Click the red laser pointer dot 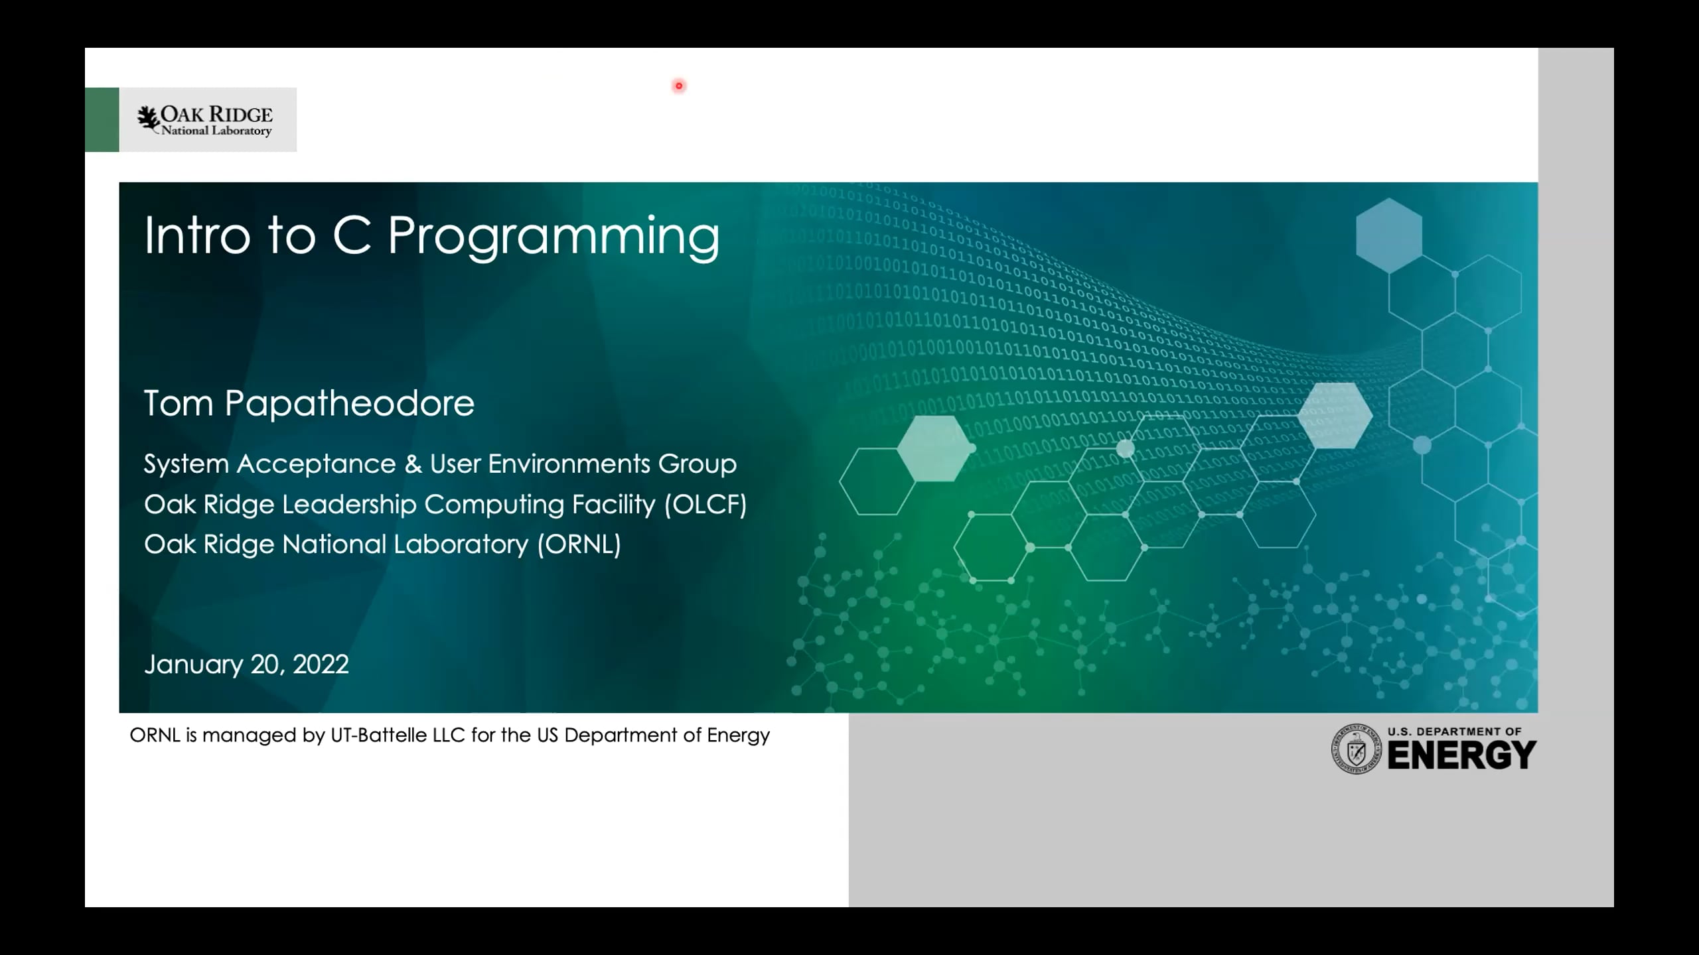(679, 86)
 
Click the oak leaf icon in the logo (148, 119)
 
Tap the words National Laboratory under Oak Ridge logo (216, 131)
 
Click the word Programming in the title (553, 236)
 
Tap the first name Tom (179, 403)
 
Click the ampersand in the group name (413, 464)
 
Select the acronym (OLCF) (705, 504)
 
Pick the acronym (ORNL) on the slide (579, 544)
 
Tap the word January (193, 664)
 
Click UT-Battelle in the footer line (378, 735)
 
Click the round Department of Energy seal (1357, 749)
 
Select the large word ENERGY (1461, 755)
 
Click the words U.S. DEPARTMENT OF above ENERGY (1454, 732)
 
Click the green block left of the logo (102, 119)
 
